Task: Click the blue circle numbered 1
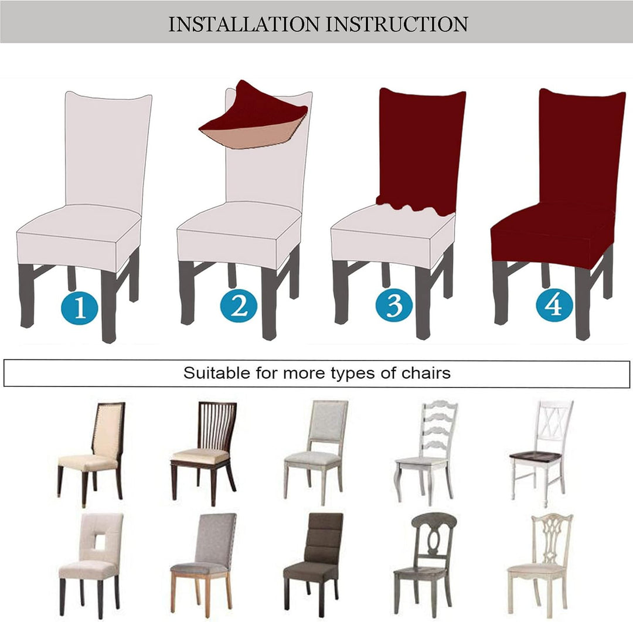tap(80, 308)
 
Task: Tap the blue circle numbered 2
tap(239, 306)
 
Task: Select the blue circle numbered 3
tap(394, 305)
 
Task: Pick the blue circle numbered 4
tap(554, 305)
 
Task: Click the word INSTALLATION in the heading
tap(243, 24)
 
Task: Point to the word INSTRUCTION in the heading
tap(397, 24)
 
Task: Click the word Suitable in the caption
tap(217, 373)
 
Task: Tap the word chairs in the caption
tap(426, 373)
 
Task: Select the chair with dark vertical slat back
tap(203, 453)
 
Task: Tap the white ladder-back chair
tap(426, 453)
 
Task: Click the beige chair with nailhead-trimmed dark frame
tap(91, 454)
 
